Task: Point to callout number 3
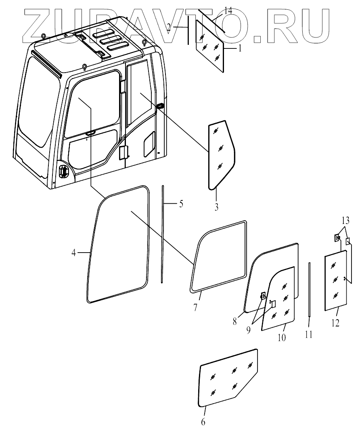(216, 207)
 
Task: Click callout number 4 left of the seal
(73, 253)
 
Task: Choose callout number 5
(181, 203)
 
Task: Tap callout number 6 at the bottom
(203, 422)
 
